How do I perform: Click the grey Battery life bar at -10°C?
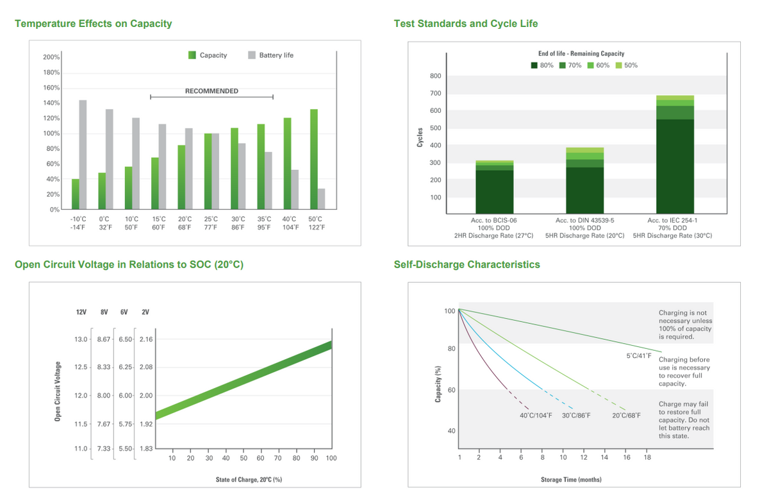pos(83,155)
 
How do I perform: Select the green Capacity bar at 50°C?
pos(314,159)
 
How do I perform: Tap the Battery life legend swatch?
pos(252,55)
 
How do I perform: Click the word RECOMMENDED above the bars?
pos(211,91)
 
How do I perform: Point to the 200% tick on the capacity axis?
pos(51,57)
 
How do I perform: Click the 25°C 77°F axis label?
pos(211,223)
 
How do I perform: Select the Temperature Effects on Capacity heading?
pos(94,23)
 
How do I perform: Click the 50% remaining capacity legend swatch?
pos(618,65)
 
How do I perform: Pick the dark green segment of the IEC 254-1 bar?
pos(675,166)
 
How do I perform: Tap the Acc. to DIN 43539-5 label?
pos(584,220)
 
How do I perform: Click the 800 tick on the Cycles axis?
pos(435,76)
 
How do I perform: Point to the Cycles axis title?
pos(420,137)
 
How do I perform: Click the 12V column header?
pos(81,312)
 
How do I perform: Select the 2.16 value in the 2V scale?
pos(146,339)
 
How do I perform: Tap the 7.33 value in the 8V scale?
pos(104,449)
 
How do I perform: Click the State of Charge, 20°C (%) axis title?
pos(249,479)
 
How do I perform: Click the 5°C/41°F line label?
pos(639,356)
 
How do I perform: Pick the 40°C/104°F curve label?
pos(536,416)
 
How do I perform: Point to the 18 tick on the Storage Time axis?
pos(647,457)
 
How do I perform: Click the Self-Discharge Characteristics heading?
pos(467,264)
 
